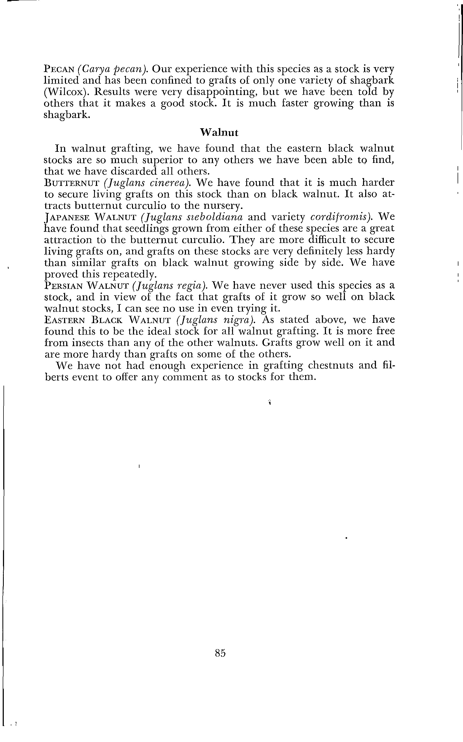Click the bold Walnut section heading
point(219,132)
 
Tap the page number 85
point(220,652)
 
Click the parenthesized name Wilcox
point(64,92)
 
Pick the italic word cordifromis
point(340,217)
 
